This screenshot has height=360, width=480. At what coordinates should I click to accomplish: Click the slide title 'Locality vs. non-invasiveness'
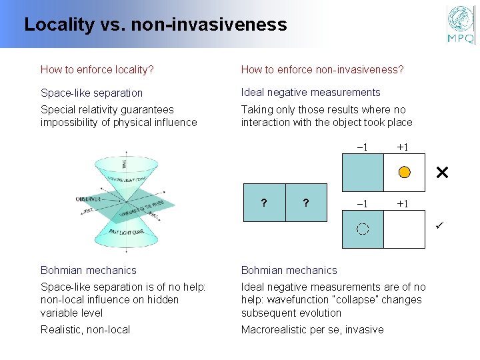point(155,25)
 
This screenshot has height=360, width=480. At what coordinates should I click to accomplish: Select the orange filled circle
point(404,173)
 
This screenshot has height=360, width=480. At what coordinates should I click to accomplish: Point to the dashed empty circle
point(362,229)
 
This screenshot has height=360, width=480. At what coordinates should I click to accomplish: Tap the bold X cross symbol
point(441,173)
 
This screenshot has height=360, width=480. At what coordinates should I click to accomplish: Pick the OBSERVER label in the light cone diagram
point(89,199)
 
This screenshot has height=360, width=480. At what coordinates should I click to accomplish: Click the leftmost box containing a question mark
point(264,202)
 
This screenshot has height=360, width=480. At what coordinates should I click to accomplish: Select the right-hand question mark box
point(305,202)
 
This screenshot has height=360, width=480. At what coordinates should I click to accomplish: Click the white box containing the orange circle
point(405,173)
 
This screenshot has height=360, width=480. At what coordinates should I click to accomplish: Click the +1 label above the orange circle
point(403,147)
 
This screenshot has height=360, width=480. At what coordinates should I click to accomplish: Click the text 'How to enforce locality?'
point(97,69)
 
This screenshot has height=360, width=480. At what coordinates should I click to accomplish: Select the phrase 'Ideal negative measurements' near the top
point(311,92)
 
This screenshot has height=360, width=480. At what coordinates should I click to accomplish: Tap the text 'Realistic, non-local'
point(85,329)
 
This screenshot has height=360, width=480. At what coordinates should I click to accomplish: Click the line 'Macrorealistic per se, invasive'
point(312,329)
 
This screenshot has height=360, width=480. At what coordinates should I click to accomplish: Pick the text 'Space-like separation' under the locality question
point(91,93)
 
